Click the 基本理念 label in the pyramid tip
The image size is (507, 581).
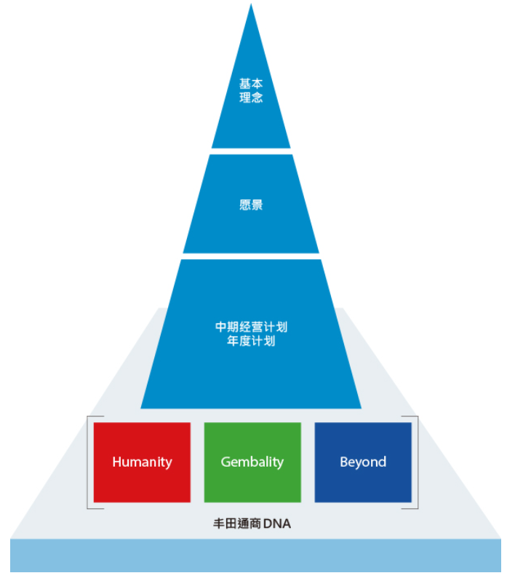(x=251, y=91)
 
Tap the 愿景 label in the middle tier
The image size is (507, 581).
(x=251, y=205)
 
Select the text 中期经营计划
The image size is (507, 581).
(x=251, y=327)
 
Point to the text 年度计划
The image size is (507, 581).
(x=251, y=341)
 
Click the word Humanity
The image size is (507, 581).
(x=142, y=462)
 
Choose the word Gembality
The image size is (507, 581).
(x=252, y=462)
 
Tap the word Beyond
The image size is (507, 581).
(x=363, y=462)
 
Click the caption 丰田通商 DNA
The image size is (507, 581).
(x=251, y=523)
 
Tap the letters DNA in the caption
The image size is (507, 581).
(x=276, y=523)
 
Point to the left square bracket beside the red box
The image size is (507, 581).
(x=89, y=462)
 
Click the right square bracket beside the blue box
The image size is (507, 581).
(x=417, y=462)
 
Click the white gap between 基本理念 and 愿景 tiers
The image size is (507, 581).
(x=251, y=151)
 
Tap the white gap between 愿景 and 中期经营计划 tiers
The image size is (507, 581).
(x=251, y=256)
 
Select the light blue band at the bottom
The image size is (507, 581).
(x=255, y=557)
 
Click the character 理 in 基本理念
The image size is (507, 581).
(x=245, y=98)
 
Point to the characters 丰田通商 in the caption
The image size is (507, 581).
(x=237, y=523)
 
